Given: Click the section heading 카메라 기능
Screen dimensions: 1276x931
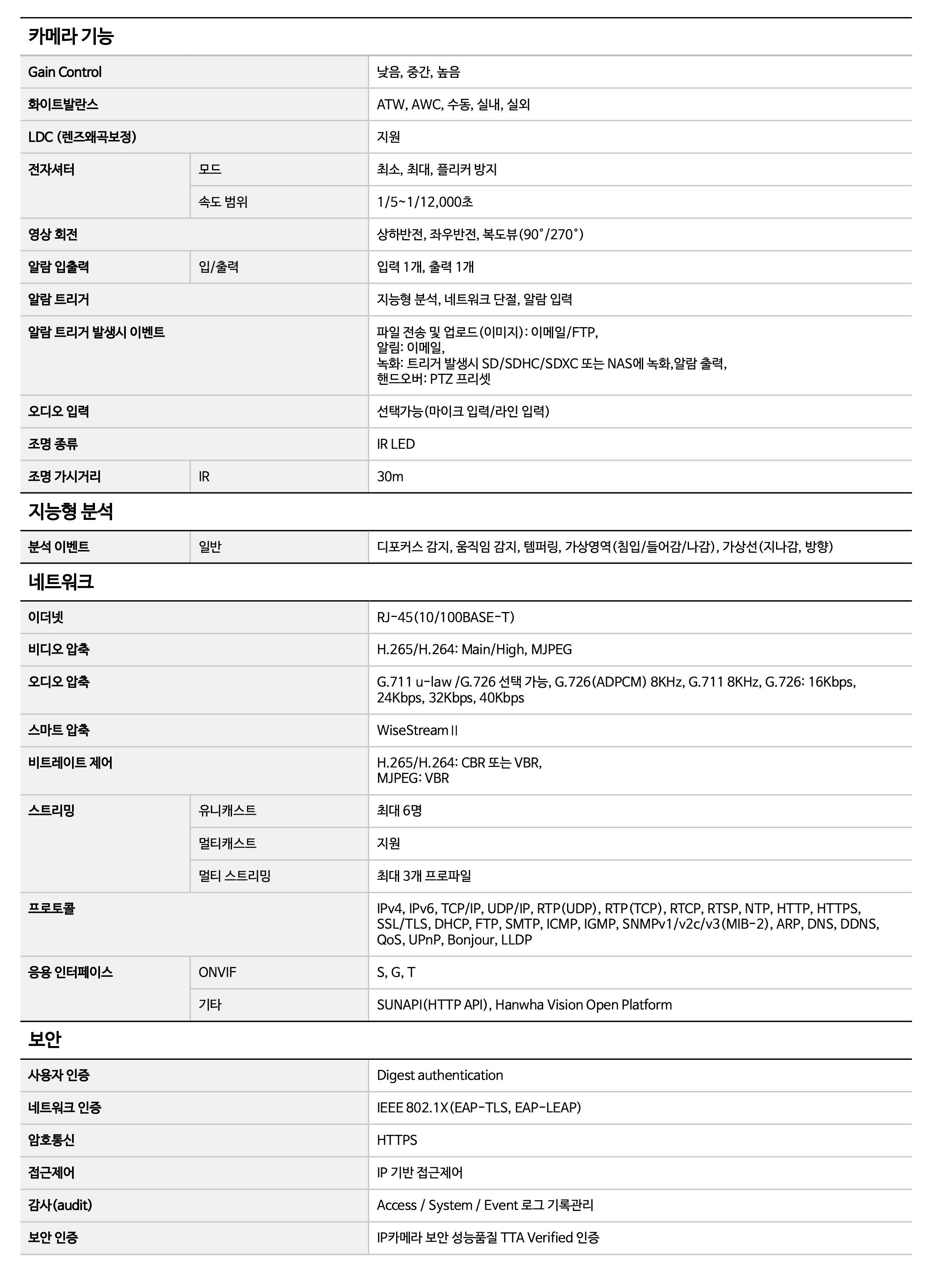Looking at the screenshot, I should pos(71,37).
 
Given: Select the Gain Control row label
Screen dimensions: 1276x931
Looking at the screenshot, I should pos(65,72).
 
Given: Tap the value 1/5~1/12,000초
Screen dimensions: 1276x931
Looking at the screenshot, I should pos(425,202).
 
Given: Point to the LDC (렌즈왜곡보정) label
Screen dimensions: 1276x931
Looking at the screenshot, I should pos(82,137).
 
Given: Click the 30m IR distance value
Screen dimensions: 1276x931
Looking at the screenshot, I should pos(390,477).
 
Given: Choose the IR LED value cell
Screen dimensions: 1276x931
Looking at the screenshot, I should pos(396,444).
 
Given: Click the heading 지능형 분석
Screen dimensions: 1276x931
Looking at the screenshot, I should pos(71,512).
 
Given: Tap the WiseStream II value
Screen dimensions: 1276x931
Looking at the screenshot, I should pos(417,730).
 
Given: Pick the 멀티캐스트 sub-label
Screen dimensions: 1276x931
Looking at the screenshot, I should pos(227,843).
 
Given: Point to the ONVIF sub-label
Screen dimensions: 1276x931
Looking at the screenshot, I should pos(217,972).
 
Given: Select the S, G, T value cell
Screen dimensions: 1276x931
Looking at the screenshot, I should pos(396,972).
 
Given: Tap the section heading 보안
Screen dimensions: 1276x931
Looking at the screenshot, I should pos(45,1040).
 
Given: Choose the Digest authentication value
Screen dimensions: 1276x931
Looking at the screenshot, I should pos(439,1075).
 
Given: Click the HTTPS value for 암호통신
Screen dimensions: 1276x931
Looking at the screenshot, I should pos(397,1140).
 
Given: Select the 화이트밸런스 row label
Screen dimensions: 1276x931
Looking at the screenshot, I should pos(63,105).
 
